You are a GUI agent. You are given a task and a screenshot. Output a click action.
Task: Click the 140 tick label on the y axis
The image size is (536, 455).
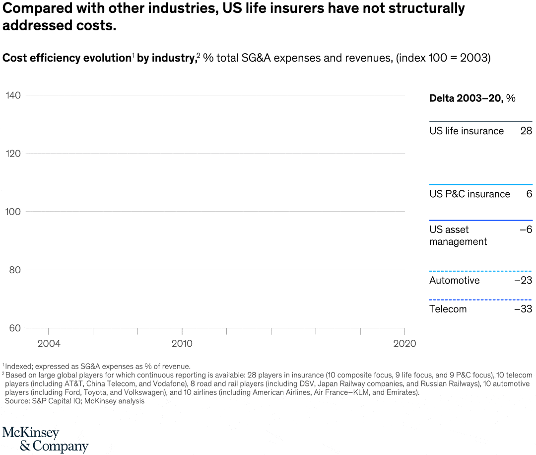pyautogui.click(x=13, y=95)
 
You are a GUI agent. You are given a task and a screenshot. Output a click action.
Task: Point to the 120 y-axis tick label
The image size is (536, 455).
pyautogui.click(x=13, y=153)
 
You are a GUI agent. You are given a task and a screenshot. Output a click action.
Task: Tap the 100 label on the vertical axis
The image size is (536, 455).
pyautogui.click(x=13, y=212)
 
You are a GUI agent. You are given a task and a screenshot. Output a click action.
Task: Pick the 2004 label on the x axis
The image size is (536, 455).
pyautogui.click(x=49, y=343)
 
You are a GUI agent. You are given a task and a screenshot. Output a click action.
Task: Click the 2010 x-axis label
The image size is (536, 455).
pyautogui.click(x=182, y=343)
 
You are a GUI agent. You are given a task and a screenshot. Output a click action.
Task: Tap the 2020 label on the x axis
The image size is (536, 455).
pyautogui.click(x=405, y=343)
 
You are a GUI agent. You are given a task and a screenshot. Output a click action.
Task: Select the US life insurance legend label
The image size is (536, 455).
pyautogui.click(x=467, y=131)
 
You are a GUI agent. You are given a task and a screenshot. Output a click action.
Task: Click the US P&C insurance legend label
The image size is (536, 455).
pyautogui.click(x=469, y=194)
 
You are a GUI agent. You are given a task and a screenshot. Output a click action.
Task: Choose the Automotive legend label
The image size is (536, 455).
pyautogui.click(x=455, y=281)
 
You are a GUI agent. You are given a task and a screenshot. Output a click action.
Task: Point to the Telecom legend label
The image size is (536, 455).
pyautogui.click(x=448, y=309)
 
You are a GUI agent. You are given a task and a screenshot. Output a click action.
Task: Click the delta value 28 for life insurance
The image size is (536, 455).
pyautogui.click(x=526, y=131)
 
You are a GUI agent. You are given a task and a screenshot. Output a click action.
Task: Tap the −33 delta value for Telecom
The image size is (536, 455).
pyautogui.click(x=523, y=309)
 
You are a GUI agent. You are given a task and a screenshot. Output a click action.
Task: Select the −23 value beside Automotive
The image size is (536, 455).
pyautogui.click(x=523, y=281)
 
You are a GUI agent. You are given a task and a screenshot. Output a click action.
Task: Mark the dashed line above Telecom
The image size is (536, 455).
pyautogui.click(x=480, y=300)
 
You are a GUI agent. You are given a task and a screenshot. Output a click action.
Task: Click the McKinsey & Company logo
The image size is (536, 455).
pyautogui.click(x=45, y=439)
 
